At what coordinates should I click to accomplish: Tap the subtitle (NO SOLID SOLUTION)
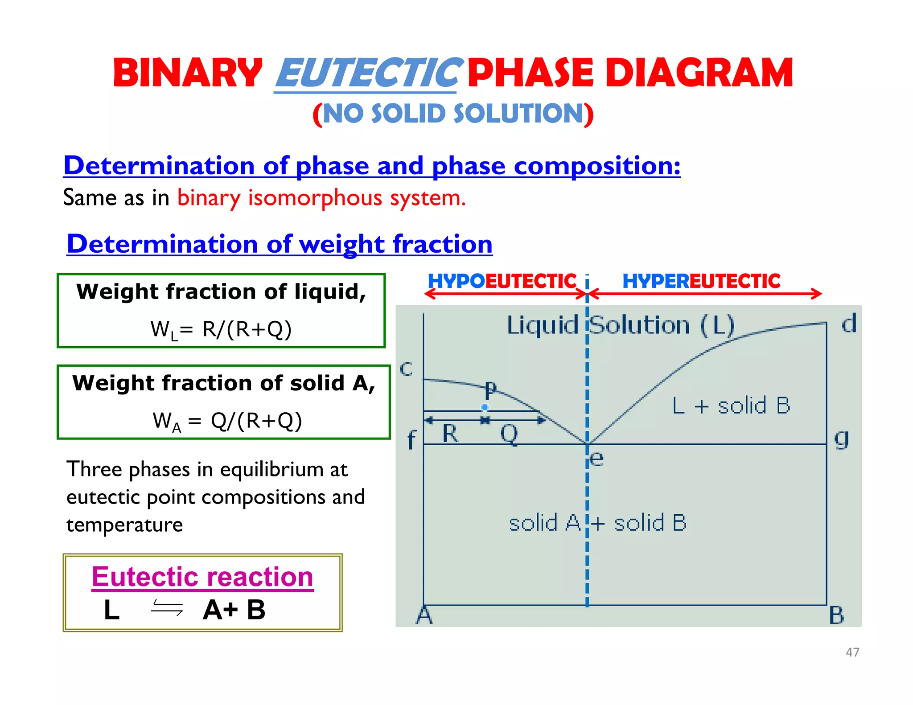[453, 114]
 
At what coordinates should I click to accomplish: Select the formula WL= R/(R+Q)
[221, 330]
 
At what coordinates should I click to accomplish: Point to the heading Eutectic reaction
[202, 577]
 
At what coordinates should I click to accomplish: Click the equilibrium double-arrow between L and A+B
[167, 608]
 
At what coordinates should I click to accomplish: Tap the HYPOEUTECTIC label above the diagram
[502, 281]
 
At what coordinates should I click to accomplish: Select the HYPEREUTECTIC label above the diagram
[701, 281]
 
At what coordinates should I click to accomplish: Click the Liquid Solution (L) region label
[621, 325]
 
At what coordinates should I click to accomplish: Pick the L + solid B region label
[731, 406]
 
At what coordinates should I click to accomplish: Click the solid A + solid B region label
[597, 523]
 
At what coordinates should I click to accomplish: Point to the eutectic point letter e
[596, 458]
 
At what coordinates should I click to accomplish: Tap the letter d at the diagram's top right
[849, 324]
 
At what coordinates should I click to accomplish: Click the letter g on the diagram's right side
[841, 439]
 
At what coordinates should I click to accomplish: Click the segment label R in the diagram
[450, 433]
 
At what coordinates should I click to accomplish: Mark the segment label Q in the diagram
[509, 433]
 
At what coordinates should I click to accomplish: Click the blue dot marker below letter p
[485, 407]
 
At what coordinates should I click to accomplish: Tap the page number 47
[852, 652]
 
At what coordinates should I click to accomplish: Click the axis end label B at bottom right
[836, 615]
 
